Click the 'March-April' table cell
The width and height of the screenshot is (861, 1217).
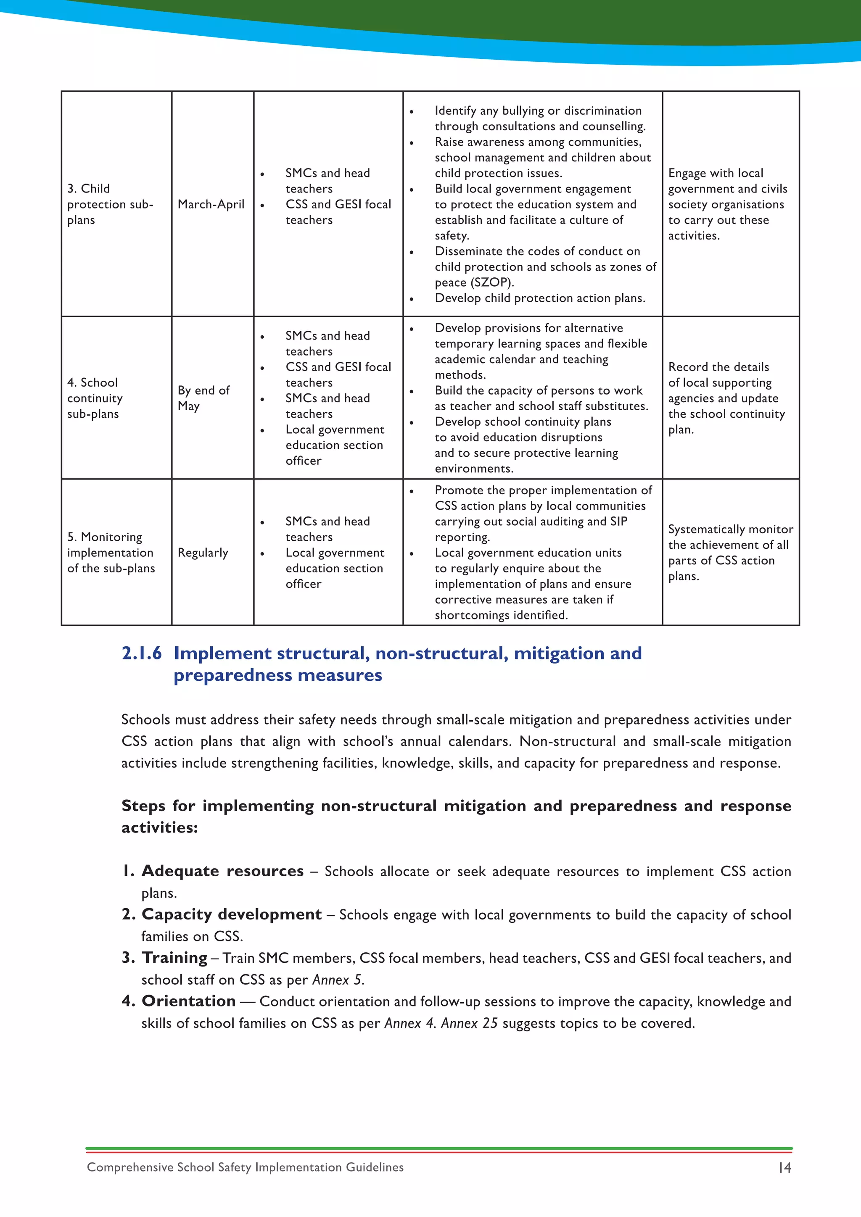click(x=211, y=204)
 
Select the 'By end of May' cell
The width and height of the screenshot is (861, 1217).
click(x=203, y=398)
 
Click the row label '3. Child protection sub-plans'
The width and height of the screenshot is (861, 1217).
click(x=110, y=204)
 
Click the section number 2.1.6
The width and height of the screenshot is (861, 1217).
click(x=142, y=653)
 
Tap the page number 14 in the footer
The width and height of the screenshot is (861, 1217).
click(x=784, y=1168)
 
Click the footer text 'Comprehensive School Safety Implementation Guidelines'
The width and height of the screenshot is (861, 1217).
click(x=245, y=1167)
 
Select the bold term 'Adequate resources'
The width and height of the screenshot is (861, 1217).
click(x=223, y=871)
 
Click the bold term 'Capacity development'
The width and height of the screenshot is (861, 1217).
click(x=232, y=914)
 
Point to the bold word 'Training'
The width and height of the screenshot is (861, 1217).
click(x=175, y=958)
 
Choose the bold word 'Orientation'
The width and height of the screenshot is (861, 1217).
click(x=189, y=1001)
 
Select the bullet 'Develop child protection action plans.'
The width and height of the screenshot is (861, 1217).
click(x=540, y=298)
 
